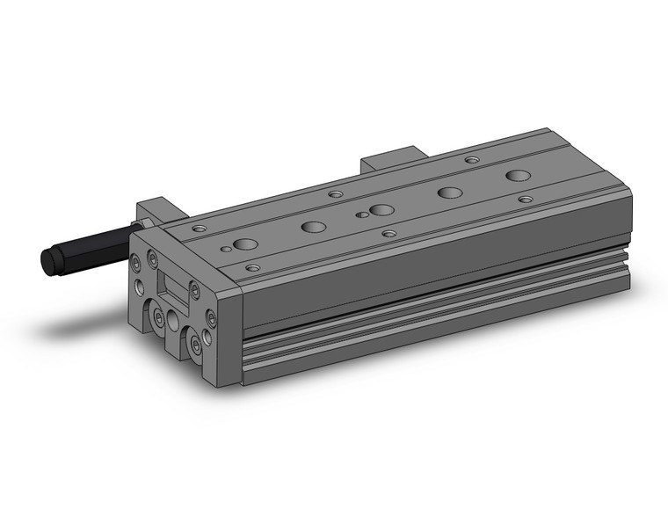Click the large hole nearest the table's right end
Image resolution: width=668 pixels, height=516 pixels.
519,176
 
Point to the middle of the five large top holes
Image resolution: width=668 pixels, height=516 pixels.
381,209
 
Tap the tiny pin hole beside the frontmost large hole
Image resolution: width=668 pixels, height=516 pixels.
227,250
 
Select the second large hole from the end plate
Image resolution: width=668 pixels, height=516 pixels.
313,227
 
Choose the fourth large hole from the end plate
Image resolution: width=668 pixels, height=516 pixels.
451,193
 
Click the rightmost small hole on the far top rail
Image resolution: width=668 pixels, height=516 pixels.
472,161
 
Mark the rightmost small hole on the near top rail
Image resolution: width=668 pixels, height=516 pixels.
526,200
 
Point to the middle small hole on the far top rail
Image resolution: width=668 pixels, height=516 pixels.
335,193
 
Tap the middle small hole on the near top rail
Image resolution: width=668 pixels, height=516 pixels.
389,234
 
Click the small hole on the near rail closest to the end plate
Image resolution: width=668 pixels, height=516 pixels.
253,267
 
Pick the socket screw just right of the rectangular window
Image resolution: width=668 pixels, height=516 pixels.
194,289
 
